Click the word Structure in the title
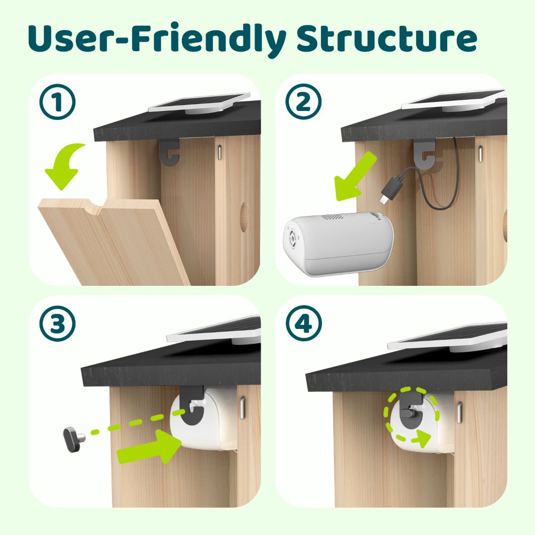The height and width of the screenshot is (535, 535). click(386, 39)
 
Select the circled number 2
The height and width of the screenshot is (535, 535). click(303, 103)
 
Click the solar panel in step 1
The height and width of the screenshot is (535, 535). click(201, 103)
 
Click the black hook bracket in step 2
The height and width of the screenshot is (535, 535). click(425, 154)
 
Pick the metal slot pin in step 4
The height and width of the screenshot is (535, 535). click(459, 413)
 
